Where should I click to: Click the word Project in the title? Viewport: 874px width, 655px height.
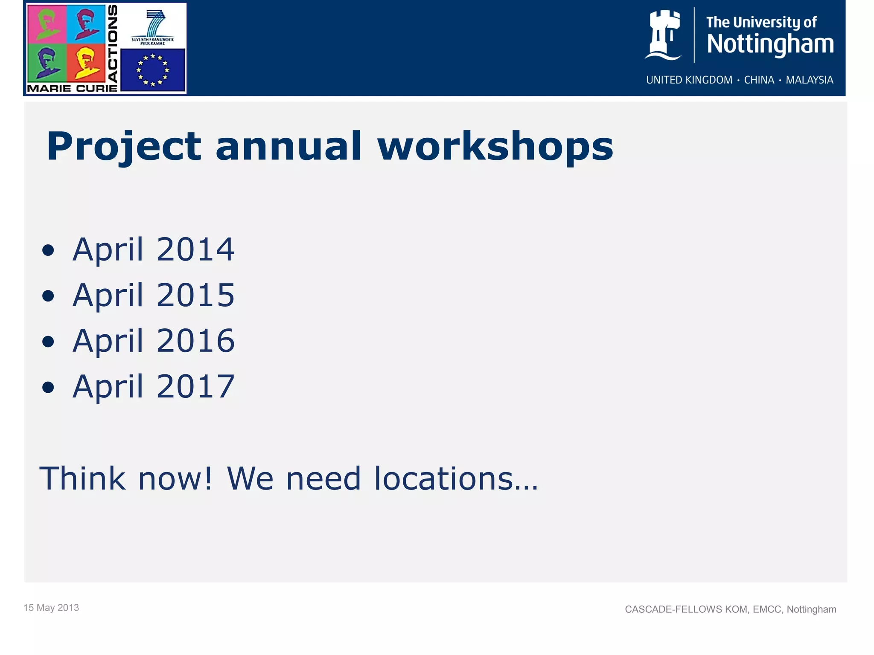[x=123, y=147]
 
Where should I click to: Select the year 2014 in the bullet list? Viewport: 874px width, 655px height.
[x=195, y=249]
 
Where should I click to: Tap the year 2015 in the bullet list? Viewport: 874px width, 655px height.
[x=195, y=295]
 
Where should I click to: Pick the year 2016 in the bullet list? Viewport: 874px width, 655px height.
[x=195, y=341]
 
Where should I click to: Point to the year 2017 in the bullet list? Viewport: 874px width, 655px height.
[x=195, y=386]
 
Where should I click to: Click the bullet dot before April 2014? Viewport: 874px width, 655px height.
[x=48, y=251]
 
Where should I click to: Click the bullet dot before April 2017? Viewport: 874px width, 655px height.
[x=48, y=388]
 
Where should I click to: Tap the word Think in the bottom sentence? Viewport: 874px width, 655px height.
[x=82, y=478]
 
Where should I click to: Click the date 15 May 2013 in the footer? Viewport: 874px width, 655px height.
[x=51, y=608]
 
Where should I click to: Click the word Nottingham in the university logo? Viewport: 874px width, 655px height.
[x=770, y=44]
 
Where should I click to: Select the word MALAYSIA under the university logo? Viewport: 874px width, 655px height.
[x=809, y=80]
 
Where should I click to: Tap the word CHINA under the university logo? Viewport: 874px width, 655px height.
[x=759, y=80]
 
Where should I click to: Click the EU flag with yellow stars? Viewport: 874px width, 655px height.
[x=153, y=70]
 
